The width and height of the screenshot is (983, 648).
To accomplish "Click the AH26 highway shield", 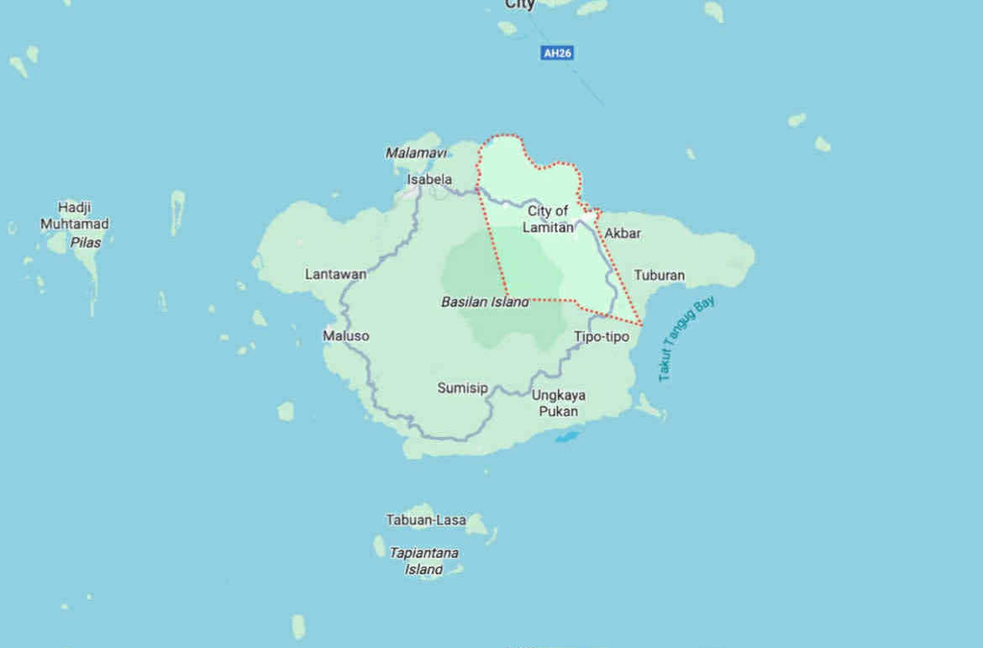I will [x=557, y=53].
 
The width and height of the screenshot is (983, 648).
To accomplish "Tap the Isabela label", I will [x=429, y=179].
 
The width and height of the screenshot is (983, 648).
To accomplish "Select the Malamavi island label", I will [x=416, y=153].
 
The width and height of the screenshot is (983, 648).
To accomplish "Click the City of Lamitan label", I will [x=549, y=219].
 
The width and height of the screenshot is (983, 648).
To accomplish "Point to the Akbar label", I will [x=623, y=233].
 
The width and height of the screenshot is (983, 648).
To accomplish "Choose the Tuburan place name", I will [x=659, y=275].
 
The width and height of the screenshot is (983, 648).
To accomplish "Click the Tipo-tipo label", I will [x=602, y=336].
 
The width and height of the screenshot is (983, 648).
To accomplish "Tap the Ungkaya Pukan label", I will [x=559, y=403].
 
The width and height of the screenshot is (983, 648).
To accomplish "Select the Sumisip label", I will [x=462, y=387].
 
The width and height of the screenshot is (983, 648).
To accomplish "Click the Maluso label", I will [x=346, y=335].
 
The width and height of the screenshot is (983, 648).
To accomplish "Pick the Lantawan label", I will [x=336, y=274].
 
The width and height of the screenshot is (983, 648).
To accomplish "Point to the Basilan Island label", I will [x=486, y=302].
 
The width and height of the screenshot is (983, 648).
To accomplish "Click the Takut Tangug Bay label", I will [x=686, y=339].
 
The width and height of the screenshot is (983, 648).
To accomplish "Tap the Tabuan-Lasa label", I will [x=426, y=520].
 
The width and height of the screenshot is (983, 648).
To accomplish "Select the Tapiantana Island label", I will [x=424, y=561].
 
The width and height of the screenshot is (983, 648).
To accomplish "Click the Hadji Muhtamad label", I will [x=75, y=215].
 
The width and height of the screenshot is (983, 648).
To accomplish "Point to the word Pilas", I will [x=86, y=242].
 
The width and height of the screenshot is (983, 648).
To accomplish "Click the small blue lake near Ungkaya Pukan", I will [x=568, y=436].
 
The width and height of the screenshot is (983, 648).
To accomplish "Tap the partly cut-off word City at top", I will [x=520, y=5].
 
